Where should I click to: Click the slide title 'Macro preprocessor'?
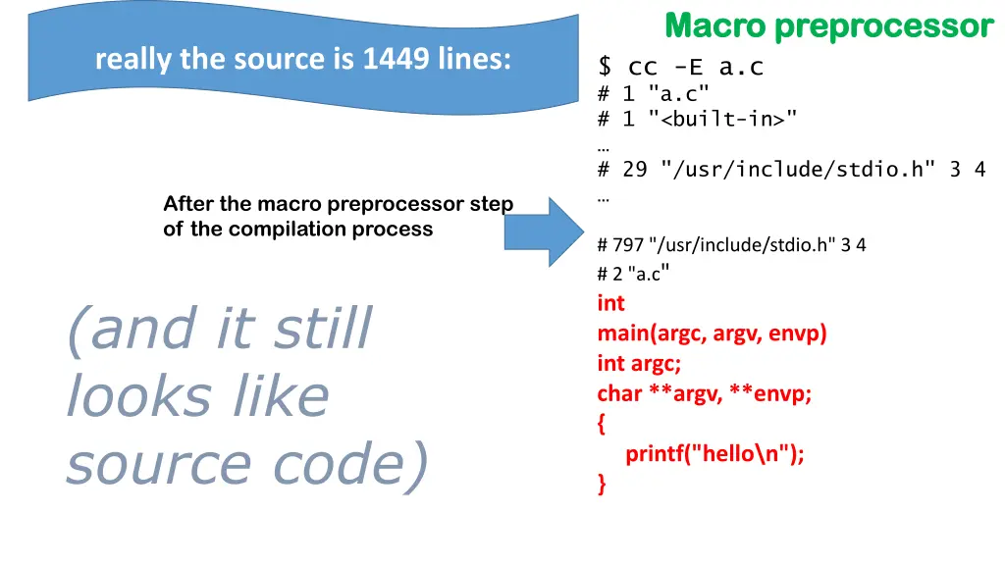[x=828, y=26]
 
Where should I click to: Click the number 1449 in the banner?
[x=396, y=60]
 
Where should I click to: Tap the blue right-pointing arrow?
[x=542, y=231]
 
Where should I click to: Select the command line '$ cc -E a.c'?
[x=681, y=67]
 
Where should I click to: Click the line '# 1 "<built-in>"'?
[x=697, y=119]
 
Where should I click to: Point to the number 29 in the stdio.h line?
[x=635, y=169]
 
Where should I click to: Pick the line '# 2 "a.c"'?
[x=633, y=274]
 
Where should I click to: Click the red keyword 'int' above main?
[x=610, y=303]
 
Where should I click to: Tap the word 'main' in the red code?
[x=622, y=334]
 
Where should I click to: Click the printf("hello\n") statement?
[x=714, y=454]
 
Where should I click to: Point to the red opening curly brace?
[x=602, y=425]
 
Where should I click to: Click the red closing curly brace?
[x=602, y=484]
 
